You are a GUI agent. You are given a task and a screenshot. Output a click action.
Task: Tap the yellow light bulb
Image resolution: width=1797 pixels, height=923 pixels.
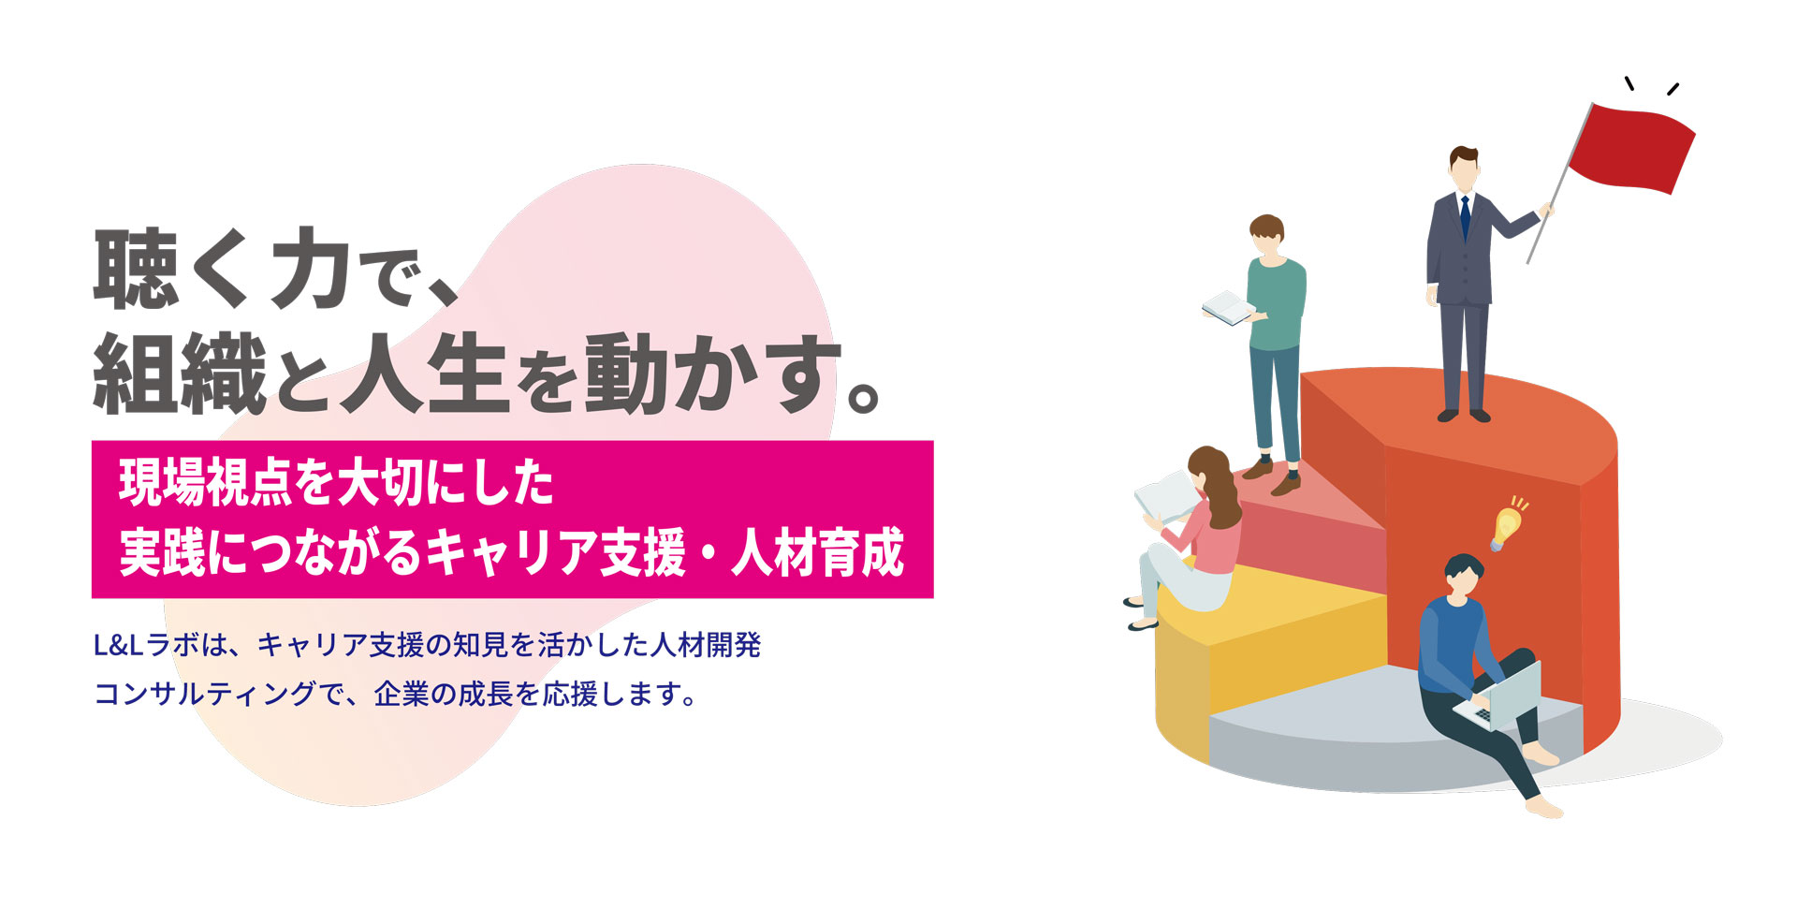pyautogui.click(x=1507, y=526)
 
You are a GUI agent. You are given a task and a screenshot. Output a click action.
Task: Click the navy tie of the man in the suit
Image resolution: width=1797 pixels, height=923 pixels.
pyautogui.click(x=1465, y=217)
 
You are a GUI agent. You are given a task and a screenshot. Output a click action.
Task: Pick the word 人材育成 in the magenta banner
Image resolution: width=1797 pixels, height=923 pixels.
pyautogui.click(x=818, y=551)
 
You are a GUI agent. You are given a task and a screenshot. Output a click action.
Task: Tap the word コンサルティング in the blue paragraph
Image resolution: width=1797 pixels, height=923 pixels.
pyautogui.click(x=204, y=695)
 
